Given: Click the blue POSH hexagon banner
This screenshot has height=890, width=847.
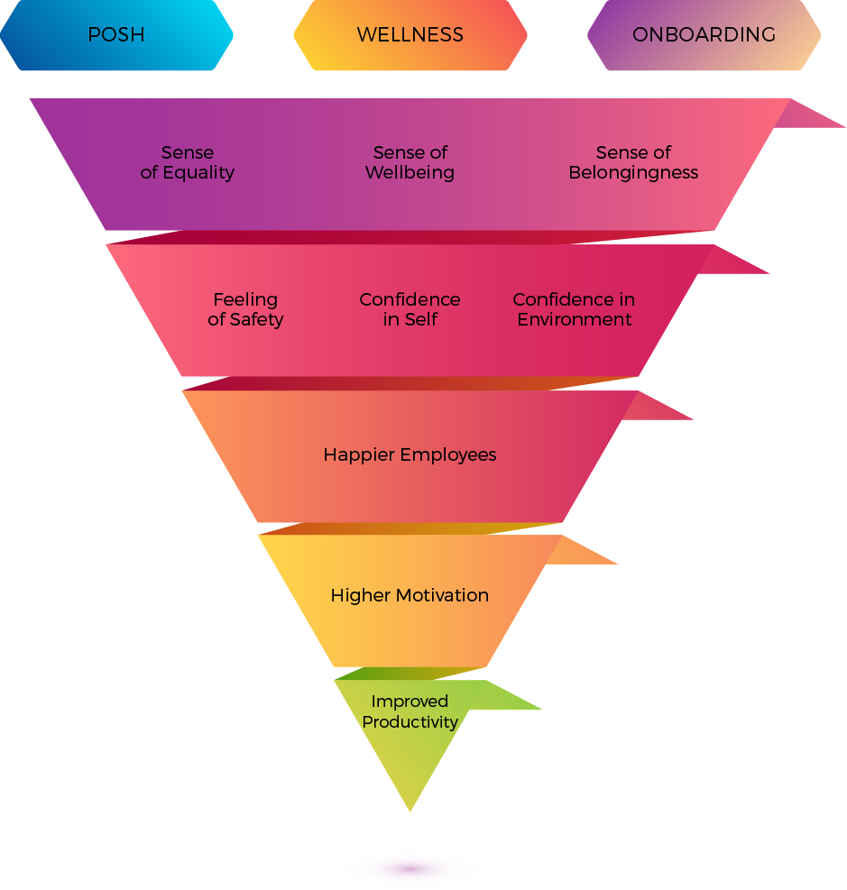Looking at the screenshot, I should (116, 36).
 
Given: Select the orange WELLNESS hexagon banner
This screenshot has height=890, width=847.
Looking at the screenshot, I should (410, 36).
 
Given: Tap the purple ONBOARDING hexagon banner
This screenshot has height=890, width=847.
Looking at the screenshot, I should (704, 36).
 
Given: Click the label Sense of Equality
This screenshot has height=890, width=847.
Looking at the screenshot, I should (188, 162).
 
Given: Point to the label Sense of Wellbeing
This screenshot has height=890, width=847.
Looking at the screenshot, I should (410, 162).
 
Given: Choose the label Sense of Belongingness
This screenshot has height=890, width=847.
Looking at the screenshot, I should (633, 162).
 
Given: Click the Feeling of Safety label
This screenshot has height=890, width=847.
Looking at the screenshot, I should (245, 309).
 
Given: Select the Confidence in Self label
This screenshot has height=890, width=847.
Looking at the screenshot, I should (410, 309).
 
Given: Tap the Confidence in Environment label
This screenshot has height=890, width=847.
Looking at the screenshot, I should (575, 309).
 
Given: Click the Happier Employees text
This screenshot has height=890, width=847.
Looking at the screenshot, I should (410, 454).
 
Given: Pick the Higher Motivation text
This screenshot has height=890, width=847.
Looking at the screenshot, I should (410, 595).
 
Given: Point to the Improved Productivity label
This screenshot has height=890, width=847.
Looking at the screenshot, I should (410, 711).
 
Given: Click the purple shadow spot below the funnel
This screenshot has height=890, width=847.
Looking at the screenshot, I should (410, 869).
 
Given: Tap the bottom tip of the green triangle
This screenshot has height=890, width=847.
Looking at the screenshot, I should (410, 808).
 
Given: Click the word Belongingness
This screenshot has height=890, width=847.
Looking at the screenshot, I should (633, 172).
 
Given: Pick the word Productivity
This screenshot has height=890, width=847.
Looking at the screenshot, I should (410, 721).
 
